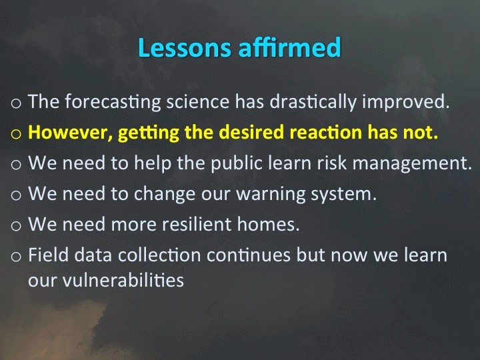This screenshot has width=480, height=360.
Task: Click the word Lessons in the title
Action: click(185, 47)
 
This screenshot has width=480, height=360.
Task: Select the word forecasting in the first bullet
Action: click(113, 102)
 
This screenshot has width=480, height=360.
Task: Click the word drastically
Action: click(313, 102)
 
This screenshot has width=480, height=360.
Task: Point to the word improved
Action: click(406, 102)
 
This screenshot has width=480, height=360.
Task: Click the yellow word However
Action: click(70, 133)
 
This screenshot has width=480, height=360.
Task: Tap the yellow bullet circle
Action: click(16, 134)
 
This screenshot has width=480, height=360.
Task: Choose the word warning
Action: click(271, 195)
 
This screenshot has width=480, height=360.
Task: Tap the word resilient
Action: click(197, 224)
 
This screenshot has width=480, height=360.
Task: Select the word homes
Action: click(268, 224)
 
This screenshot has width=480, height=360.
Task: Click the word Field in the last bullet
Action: click(48, 255)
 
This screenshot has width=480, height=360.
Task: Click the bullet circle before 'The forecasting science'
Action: click(16, 103)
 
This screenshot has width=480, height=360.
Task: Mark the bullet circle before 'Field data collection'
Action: click(16, 257)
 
